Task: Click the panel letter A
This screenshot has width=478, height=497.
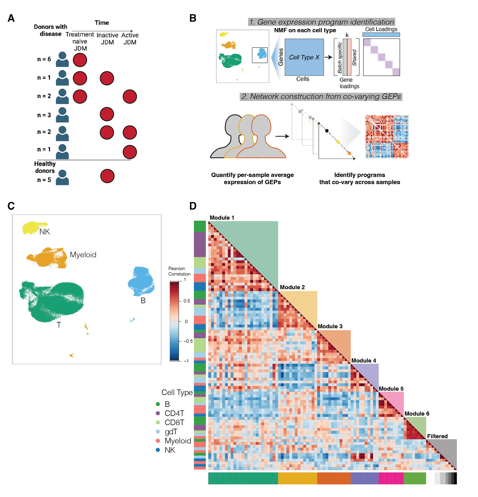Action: point(11,18)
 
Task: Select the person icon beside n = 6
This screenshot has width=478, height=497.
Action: point(62,59)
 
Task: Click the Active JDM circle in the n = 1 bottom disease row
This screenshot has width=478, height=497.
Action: point(130,152)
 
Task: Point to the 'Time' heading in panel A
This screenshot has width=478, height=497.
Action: point(102,23)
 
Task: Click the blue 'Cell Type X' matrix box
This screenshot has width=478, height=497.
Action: point(304,57)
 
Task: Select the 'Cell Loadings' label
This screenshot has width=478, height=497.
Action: point(381,29)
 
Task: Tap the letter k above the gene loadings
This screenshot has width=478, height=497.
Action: point(347,35)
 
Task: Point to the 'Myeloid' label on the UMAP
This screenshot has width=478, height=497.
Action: point(83,255)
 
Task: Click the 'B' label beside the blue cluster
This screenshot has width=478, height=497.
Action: point(143,300)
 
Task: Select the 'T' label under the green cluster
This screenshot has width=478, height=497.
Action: point(59,325)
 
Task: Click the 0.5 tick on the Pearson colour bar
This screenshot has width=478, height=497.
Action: point(187,301)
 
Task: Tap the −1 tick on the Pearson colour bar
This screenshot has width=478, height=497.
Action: point(186,361)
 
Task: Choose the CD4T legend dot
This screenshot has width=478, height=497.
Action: point(158,413)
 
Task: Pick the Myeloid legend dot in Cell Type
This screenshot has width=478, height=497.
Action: point(158,441)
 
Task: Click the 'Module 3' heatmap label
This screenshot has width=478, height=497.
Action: point(330,326)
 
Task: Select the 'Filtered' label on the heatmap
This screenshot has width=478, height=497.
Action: point(437,436)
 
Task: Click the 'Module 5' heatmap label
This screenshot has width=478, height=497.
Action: point(391,389)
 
